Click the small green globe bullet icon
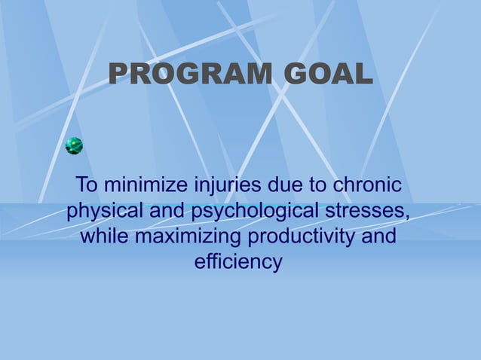(74, 146)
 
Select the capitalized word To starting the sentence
(87, 184)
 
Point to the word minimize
(148, 184)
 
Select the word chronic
(365, 184)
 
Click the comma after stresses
(408, 215)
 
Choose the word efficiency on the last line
(238, 263)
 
